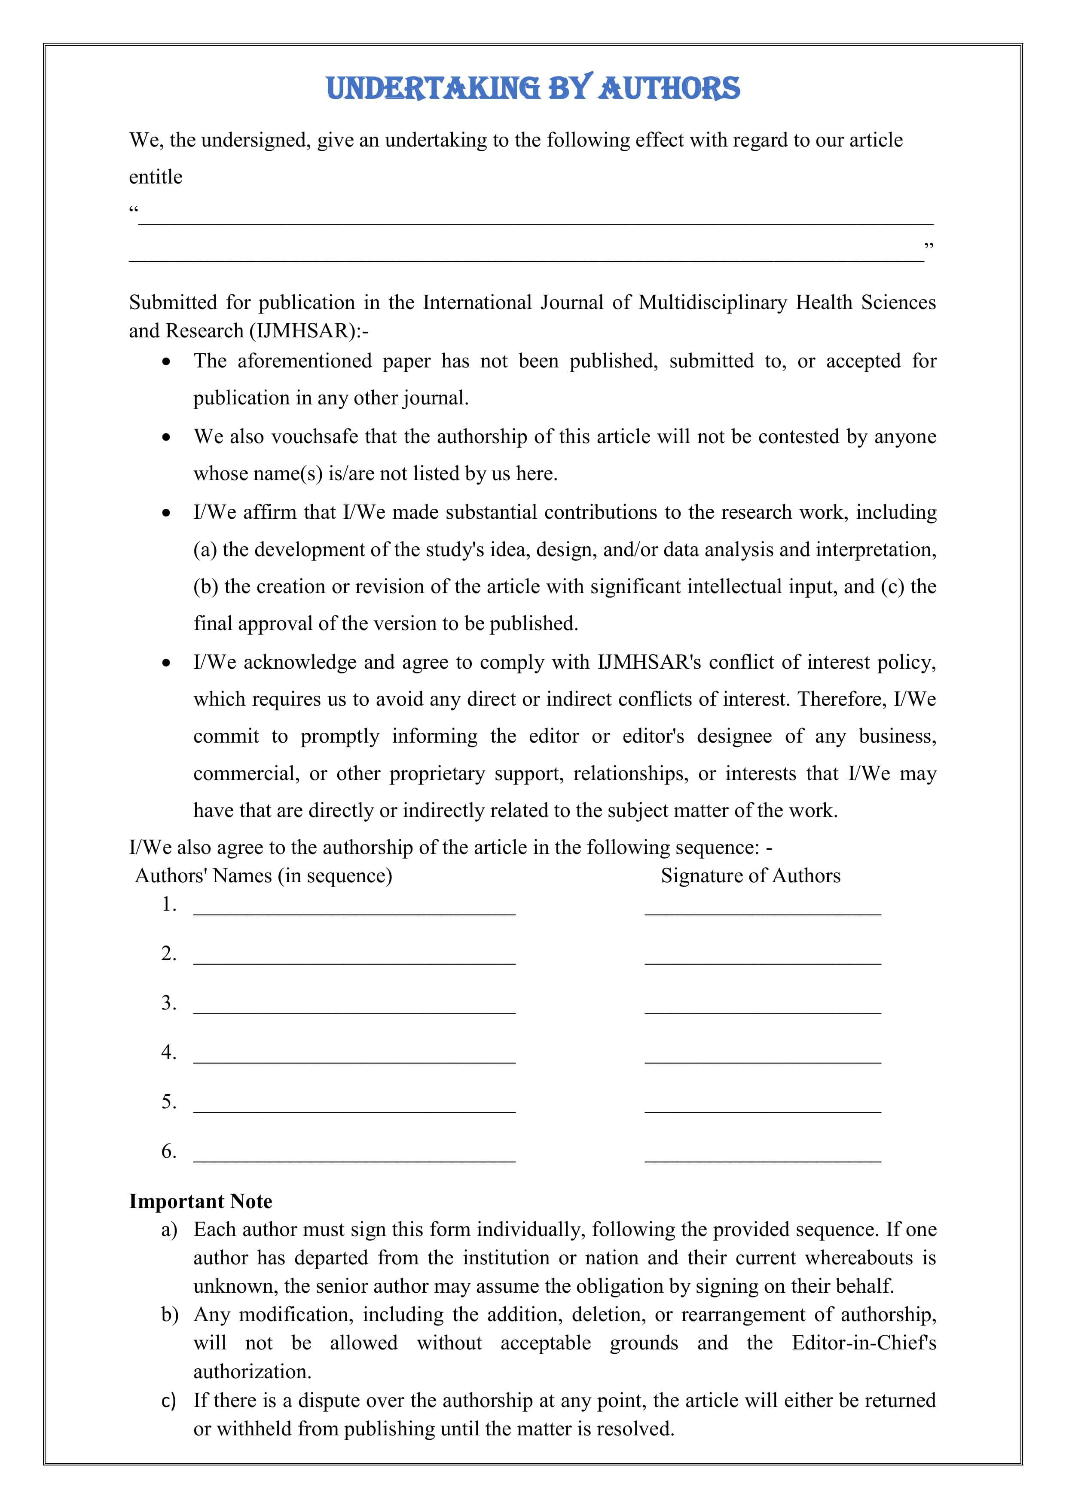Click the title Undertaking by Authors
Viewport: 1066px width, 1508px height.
click(x=533, y=89)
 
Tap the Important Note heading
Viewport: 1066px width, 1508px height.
click(x=200, y=1201)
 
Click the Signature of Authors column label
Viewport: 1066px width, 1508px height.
click(x=750, y=875)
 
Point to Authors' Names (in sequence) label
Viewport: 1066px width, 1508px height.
click(x=263, y=875)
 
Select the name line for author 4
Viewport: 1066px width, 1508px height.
click(x=354, y=1060)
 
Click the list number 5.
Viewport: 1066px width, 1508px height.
click(x=169, y=1101)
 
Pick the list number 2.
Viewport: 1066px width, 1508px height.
click(x=169, y=953)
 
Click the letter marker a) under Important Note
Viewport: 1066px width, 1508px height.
click(x=169, y=1230)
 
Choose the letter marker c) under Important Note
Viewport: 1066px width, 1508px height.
click(x=169, y=1400)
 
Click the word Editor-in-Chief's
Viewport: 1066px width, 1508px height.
click(x=864, y=1343)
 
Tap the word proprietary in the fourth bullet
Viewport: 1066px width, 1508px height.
click(x=437, y=774)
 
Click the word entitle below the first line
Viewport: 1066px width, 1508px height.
click(x=156, y=177)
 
